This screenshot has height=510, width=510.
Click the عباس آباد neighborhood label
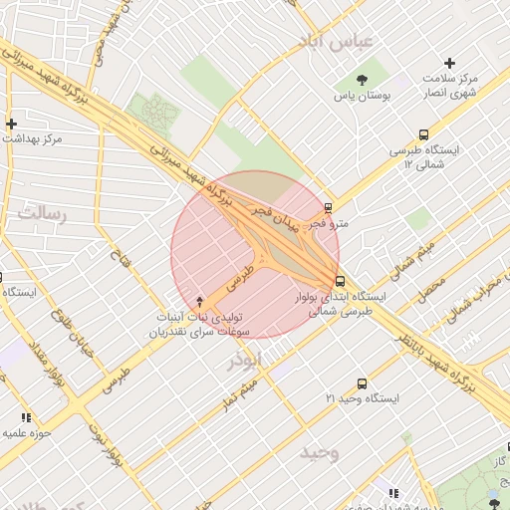pyautogui.click(x=335, y=41)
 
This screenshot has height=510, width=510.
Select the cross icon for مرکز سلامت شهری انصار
pyautogui.click(x=449, y=63)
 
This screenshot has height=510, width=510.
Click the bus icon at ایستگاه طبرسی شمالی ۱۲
pyautogui.click(x=424, y=134)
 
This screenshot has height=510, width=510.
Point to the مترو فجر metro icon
pyautogui.click(x=328, y=208)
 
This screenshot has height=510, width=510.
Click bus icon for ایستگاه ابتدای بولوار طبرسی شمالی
pyautogui.click(x=341, y=281)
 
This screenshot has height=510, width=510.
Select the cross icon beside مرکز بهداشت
pyautogui.click(x=12, y=124)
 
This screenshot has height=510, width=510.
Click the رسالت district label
pyautogui.click(x=41, y=212)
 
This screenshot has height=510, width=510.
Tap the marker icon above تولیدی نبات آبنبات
pyautogui.click(x=200, y=302)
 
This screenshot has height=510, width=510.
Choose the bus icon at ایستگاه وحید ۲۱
pyautogui.click(x=361, y=383)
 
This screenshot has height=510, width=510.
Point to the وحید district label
pyautogui.click(x=320, y=453)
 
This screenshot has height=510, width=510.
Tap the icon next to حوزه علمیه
pyautogui.click(x=26, y=417)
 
